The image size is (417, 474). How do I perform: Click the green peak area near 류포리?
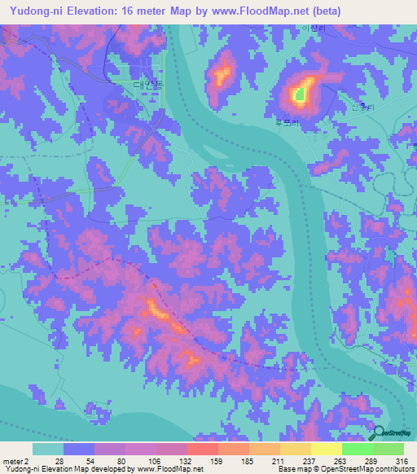[x=300, y=94]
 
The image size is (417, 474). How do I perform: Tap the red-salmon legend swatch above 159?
[x=203, y=449]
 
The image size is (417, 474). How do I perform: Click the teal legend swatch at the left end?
[x=48, y=449]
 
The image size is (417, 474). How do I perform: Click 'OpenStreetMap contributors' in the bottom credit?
[x=366, y=470]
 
